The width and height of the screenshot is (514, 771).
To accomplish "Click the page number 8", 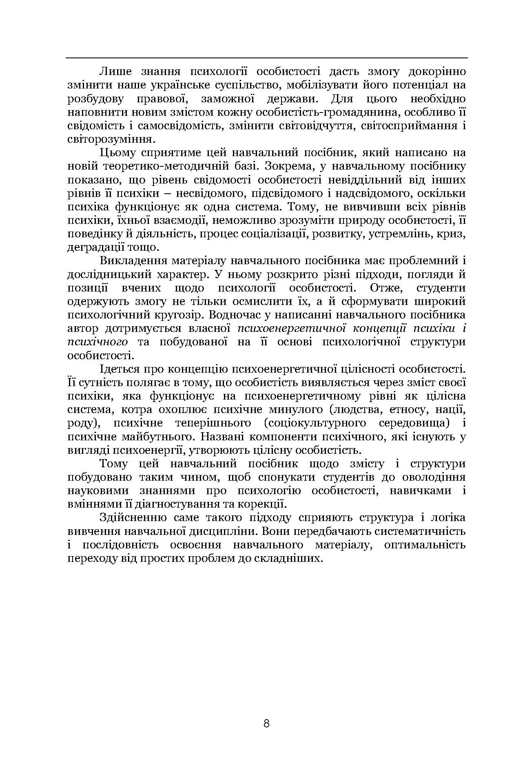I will [x=267, y=724].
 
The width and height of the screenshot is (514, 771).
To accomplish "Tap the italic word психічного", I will [x=97, y=342].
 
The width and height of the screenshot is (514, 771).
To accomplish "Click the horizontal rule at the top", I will [x=267, y=58].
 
